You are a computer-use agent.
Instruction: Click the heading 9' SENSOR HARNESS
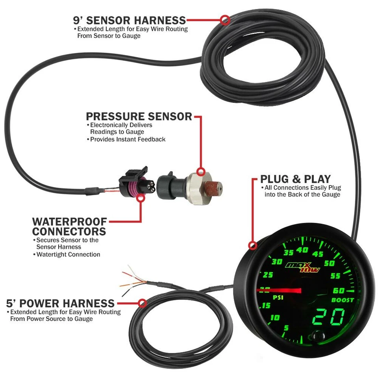tap(130, 20)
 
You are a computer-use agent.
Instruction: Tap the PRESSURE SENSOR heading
tap(139, 117)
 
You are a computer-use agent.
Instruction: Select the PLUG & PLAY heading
tap(295, 179)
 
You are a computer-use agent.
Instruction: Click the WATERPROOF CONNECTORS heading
tap(69, 226)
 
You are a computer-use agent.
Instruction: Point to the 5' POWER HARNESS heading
tap(60, 303)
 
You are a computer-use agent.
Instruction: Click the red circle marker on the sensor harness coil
tap(225, 20)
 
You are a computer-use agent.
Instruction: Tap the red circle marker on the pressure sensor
tap(201, 172)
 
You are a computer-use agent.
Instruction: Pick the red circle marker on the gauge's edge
tap(253, 246)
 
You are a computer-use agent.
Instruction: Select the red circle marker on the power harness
tap(143, 303)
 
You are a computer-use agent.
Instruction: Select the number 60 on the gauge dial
tap(338, 291)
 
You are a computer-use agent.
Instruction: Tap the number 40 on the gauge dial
tap(302, 250)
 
